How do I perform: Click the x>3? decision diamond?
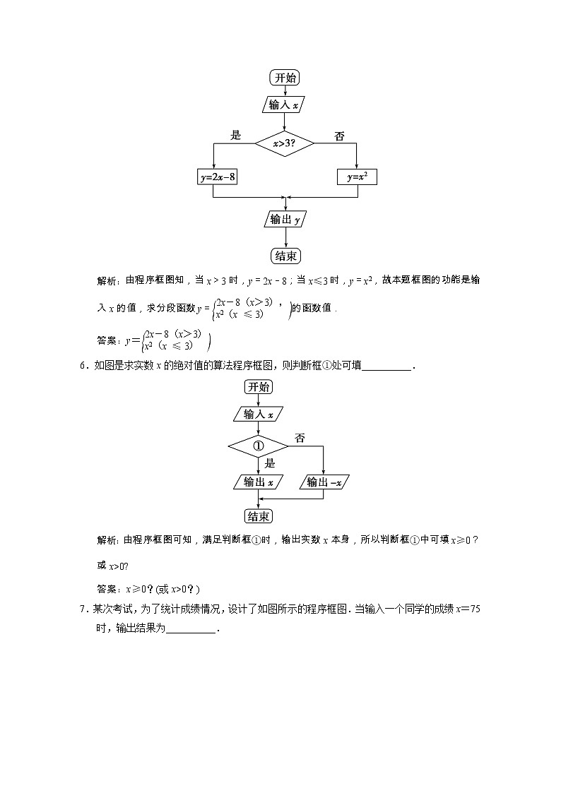(284, 143)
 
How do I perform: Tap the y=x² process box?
(357, 177)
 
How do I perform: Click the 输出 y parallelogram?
(285, 220)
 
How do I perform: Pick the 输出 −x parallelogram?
(324, 482)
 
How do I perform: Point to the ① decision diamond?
(258, 446)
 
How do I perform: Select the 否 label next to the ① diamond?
(300, 439)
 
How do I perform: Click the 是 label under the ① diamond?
(269, 464)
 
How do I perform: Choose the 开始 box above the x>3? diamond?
(285, 78)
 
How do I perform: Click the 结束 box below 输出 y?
(285, 255)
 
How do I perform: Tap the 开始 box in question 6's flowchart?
(259, 386)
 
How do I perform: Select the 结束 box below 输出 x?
(259, 516)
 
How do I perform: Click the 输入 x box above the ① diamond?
(259, 415)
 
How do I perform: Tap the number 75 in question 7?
(474, 609)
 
